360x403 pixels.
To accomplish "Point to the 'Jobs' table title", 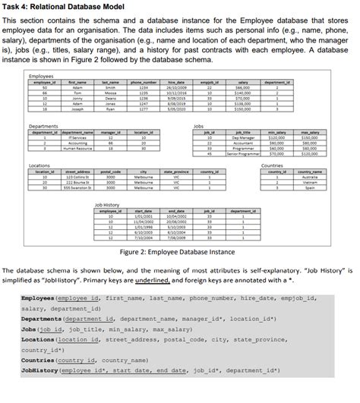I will pyautogui.click(x=199, y=125).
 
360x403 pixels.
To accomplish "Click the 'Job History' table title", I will pyautogui.click(x=107, y=205).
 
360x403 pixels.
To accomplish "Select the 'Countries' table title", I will pyautogui.click(x=271, y=165).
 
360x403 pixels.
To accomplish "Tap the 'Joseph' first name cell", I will pyautogui.click(x=77, y=109).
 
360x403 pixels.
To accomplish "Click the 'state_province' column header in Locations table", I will pyautogui.click(x=177, y=171).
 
